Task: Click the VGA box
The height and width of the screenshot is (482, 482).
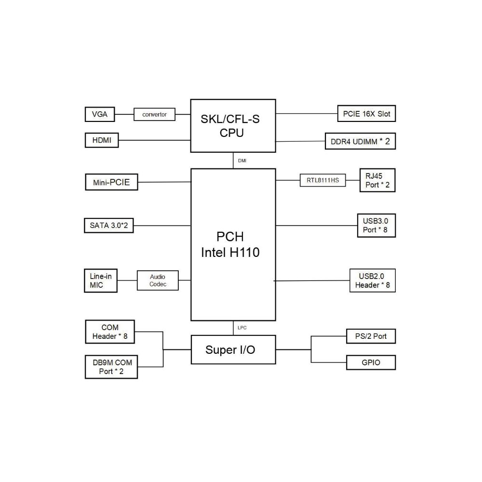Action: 100,115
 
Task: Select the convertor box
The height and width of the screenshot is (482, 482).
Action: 154,115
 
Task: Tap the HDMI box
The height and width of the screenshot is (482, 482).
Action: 101,141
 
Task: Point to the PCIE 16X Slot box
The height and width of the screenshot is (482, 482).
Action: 366,114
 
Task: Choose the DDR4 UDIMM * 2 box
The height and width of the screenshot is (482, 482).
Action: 360,141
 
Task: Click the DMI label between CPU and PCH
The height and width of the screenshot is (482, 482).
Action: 242,161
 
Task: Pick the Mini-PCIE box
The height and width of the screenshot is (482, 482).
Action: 111,182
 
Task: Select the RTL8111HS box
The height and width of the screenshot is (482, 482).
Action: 322,180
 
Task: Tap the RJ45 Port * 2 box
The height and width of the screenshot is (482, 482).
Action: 377,180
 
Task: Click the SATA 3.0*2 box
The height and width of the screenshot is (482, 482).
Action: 108,226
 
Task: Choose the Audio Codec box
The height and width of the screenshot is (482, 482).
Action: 158,281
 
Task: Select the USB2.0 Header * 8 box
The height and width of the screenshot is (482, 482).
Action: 372,281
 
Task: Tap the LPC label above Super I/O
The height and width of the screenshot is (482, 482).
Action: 242,328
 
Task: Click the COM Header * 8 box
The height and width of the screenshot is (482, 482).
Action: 110,332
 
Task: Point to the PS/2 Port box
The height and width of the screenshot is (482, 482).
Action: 371,336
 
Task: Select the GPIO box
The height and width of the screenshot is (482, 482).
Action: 371,362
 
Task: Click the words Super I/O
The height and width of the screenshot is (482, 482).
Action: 230,349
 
